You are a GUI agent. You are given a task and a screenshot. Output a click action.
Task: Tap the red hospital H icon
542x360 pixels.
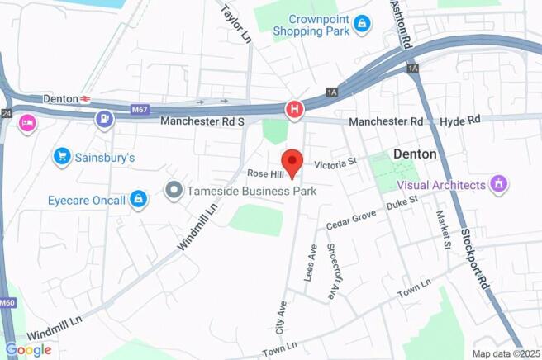pyautogui.click(x=293, y=109)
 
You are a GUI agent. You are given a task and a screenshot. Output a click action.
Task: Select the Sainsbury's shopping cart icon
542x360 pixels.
pyautogui.click(x=61, y=156)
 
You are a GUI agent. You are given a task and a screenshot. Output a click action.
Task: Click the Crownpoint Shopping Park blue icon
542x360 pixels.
pyautogui.click(x=361, y=25)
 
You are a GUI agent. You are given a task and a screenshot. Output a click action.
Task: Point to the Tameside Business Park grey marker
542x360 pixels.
pyautogui.click(x=173, y=191)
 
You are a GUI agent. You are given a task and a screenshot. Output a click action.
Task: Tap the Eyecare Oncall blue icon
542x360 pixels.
pyautogui.click(x=139, y=200)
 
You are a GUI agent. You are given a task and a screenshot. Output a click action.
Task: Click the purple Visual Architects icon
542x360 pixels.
pyautogui.click(x=498, y=183)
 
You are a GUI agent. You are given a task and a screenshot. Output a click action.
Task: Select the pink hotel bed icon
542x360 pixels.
pyautogui.click(x=27, y=123)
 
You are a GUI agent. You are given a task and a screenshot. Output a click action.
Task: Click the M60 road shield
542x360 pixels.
pyautogui.click(x=7, y=303)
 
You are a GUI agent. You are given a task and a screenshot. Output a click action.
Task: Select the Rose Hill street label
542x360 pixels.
pyautogui.click(x=265, y=173)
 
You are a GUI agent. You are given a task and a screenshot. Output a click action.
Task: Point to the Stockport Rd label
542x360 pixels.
pyautogui.click(x=476, y=258)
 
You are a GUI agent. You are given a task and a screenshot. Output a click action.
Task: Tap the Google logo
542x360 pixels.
pyautogui.click(x=28, y=350)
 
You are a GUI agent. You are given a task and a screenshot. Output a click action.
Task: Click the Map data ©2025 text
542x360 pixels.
pyautogui.click(x=505, y=353)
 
